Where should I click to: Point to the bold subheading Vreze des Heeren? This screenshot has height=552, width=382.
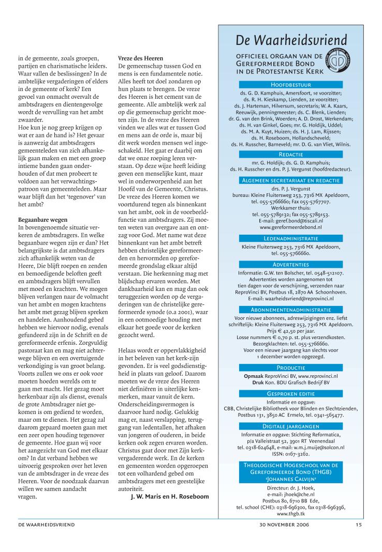tap(141, 59)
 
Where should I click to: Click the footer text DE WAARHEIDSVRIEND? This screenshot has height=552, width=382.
tap(47, 525)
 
